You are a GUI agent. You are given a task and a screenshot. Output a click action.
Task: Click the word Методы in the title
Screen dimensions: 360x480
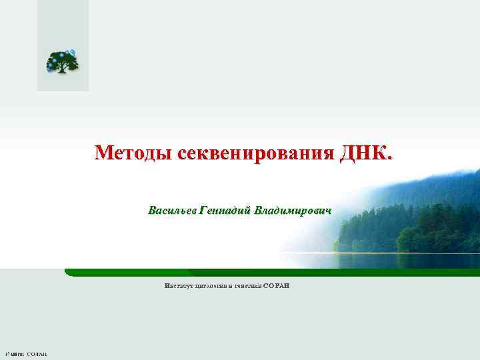[134, 153]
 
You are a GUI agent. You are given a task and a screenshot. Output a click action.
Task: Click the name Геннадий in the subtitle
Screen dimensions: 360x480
[219, 211]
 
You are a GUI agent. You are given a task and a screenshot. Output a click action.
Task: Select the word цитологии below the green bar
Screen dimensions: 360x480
[211, 285]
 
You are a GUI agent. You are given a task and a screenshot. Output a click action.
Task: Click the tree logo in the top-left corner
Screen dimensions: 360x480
[62, 62]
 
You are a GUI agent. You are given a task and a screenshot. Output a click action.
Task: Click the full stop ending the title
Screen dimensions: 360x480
[390, 159]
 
